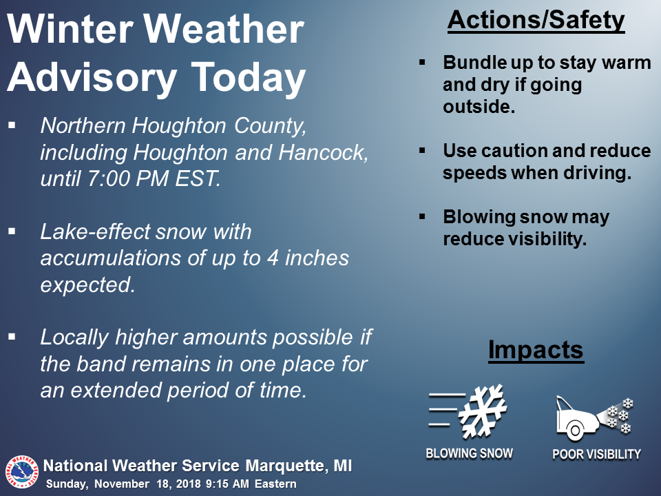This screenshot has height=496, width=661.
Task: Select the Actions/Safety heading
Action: (x=536, y=20)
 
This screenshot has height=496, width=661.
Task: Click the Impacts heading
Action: (x=536, y=350)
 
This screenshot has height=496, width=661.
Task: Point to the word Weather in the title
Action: (x=224, y=30)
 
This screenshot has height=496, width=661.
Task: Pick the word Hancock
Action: (x=324, y=152)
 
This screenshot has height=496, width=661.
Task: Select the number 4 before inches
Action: (x=273, y=258)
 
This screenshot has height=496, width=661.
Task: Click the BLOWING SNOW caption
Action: (x=469, y=453)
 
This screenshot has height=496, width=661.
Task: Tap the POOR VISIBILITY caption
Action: (x=596, y=454)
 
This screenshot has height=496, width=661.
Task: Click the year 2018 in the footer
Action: (x=189, y=484)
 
